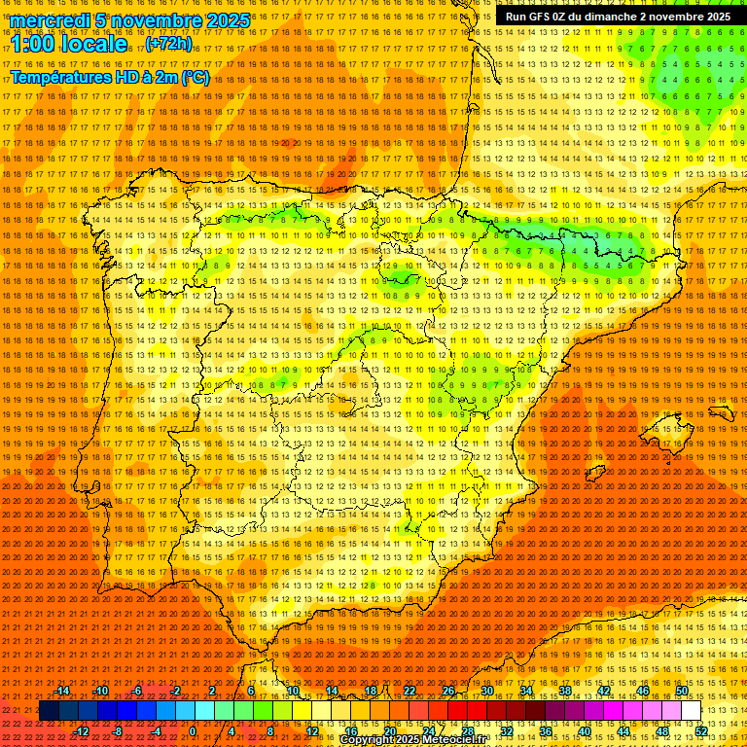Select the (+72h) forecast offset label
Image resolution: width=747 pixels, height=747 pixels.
click(168, 45)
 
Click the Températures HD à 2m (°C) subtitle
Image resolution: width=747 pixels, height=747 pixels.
click(109, 78)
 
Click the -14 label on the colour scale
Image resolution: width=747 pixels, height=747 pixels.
click(63, 691)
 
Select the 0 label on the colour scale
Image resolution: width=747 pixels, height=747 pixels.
click(193, 731)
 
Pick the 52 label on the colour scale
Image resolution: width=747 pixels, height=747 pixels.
click(701, 731)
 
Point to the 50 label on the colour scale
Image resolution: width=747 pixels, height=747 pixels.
click(682, 691)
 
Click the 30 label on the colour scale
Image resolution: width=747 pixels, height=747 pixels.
click(487, 691)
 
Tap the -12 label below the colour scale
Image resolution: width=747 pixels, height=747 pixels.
click(83, 731)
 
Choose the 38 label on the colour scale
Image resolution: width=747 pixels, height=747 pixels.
click(565, 691)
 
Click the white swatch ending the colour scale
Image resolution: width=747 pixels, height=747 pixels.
click(692, 711)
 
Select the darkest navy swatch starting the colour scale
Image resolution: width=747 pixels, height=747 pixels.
click(49, 711)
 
